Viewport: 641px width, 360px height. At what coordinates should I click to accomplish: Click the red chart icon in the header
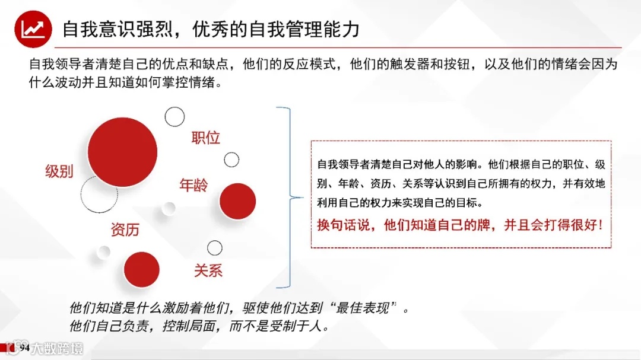(33, 29)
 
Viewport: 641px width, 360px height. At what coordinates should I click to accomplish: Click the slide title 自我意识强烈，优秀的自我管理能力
(211, 28)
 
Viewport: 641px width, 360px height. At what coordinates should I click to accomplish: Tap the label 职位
(205, 138)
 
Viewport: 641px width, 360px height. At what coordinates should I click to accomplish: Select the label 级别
(59, 171)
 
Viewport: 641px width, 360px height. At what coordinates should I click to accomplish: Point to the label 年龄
(194, 185)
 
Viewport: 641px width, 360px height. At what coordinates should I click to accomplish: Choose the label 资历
(125, 230)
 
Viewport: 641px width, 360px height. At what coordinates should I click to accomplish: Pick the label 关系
(208, 271)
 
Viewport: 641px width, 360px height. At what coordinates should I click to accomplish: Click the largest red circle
(123, 151)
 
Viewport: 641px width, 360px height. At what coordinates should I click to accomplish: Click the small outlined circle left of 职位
(174, 116)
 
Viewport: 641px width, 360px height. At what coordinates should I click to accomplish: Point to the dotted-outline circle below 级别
(99, 194)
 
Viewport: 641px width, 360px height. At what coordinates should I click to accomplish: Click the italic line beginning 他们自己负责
(199, 326)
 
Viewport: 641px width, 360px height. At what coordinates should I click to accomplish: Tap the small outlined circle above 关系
(214, 248)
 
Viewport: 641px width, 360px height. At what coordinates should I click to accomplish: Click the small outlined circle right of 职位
(231, 160)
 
